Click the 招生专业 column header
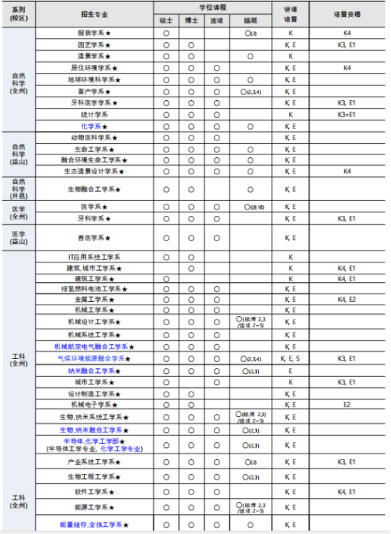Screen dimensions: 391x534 pos(94,13)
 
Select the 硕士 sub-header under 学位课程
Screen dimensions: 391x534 pos(166,20)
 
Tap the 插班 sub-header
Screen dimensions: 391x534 pos(250,20)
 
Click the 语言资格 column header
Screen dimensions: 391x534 pos(347,13)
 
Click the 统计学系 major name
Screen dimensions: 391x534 pos(93,114)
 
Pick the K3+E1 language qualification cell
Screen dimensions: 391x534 pos(347,114)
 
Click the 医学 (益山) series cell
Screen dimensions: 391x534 pos(18,238)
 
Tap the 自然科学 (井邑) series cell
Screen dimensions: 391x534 pos(18,188)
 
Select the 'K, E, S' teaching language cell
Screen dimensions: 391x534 pos(290,359)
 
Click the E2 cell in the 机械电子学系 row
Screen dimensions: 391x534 pos(347,405)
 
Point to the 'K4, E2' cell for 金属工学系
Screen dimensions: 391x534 pos(347,300)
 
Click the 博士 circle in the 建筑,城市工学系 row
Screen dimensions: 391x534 pos(191,269)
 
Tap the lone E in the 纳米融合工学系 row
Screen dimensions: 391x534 pos(290,370)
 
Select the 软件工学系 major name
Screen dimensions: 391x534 pos(93,491)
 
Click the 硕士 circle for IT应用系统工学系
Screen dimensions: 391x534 pos(166,257)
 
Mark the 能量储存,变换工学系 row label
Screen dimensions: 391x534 pos(93,525)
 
